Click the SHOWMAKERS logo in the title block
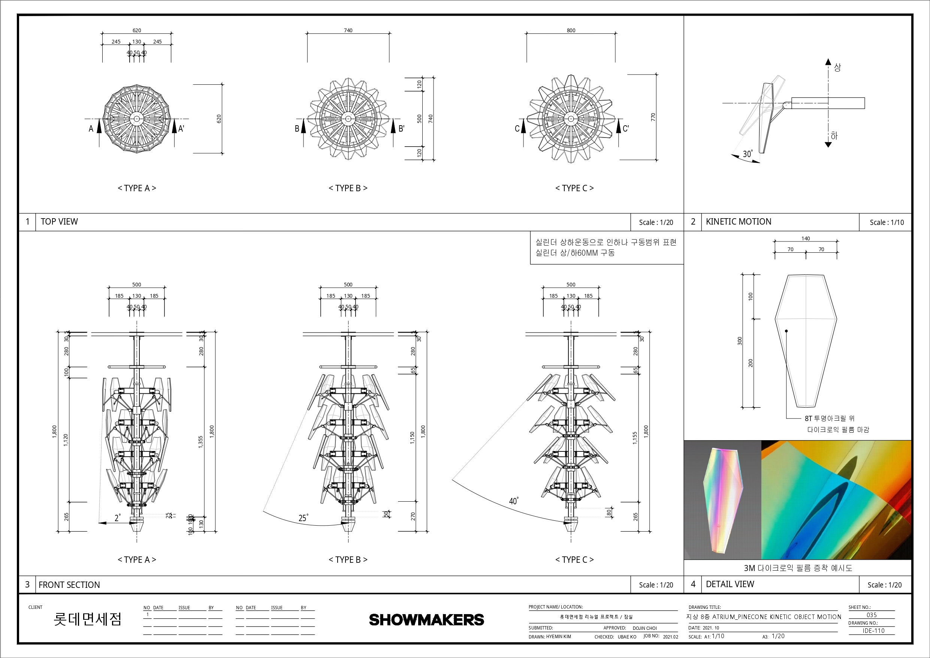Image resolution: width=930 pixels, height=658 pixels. coord(426,619)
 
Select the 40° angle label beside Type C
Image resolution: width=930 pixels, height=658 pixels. coord(513,501)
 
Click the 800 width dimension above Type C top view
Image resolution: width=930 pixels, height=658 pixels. coord(571,30)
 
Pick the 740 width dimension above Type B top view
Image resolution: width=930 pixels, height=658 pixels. coord(348,30)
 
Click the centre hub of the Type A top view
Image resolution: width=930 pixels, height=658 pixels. coord(136,119)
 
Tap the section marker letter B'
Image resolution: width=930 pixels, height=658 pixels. coord(401,129)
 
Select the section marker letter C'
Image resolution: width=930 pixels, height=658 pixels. coord(626,129)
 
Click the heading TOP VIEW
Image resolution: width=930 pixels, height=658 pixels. coord(59,222)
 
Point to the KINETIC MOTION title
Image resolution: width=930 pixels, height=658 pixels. coord(739,222)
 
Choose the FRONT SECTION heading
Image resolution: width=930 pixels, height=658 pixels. coord(69,585)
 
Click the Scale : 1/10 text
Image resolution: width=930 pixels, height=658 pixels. coord(887,223)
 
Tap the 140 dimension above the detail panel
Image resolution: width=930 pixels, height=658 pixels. coord(806,238)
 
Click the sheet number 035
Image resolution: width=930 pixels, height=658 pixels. coord(872,615)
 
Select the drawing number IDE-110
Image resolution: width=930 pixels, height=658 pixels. coord(873,631)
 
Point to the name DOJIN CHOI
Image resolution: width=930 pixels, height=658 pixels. coord(645,628)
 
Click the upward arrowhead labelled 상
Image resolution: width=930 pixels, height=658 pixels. coord(828,62)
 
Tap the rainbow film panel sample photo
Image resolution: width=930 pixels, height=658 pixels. coord(723,500)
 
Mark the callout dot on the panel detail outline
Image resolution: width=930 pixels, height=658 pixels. coord(786,331)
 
